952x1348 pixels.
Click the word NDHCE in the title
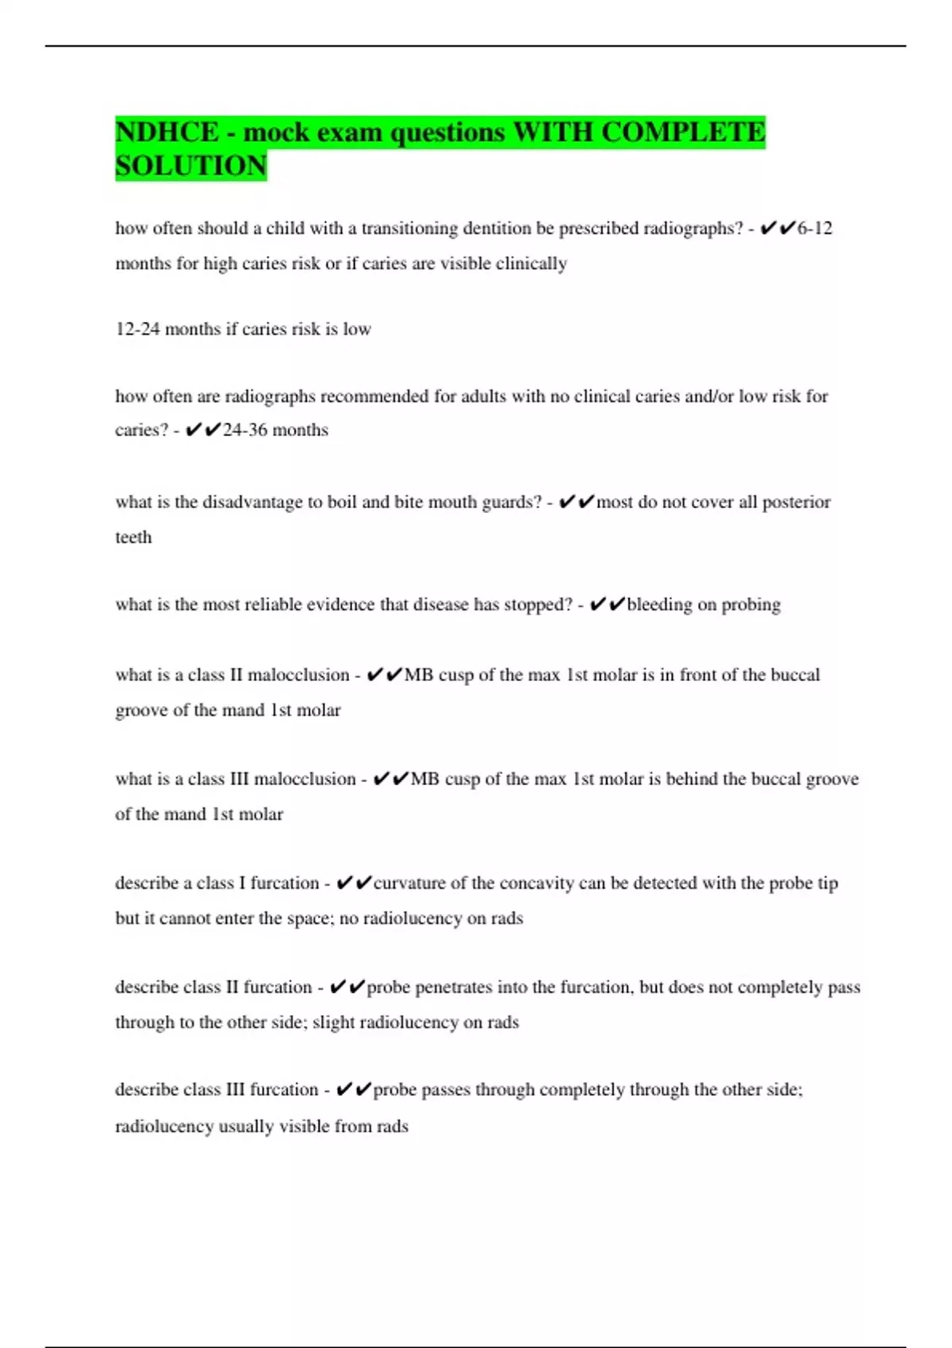click(x=167, y=132)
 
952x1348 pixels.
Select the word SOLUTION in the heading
click(x=191, y=166)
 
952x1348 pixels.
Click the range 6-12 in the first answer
click(x=815, y=228)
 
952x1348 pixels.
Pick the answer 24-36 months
click(x=275, y=430)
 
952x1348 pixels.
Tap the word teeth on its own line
click(x=133, y=538)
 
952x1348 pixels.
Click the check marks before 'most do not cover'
click(x=577, y=502)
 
